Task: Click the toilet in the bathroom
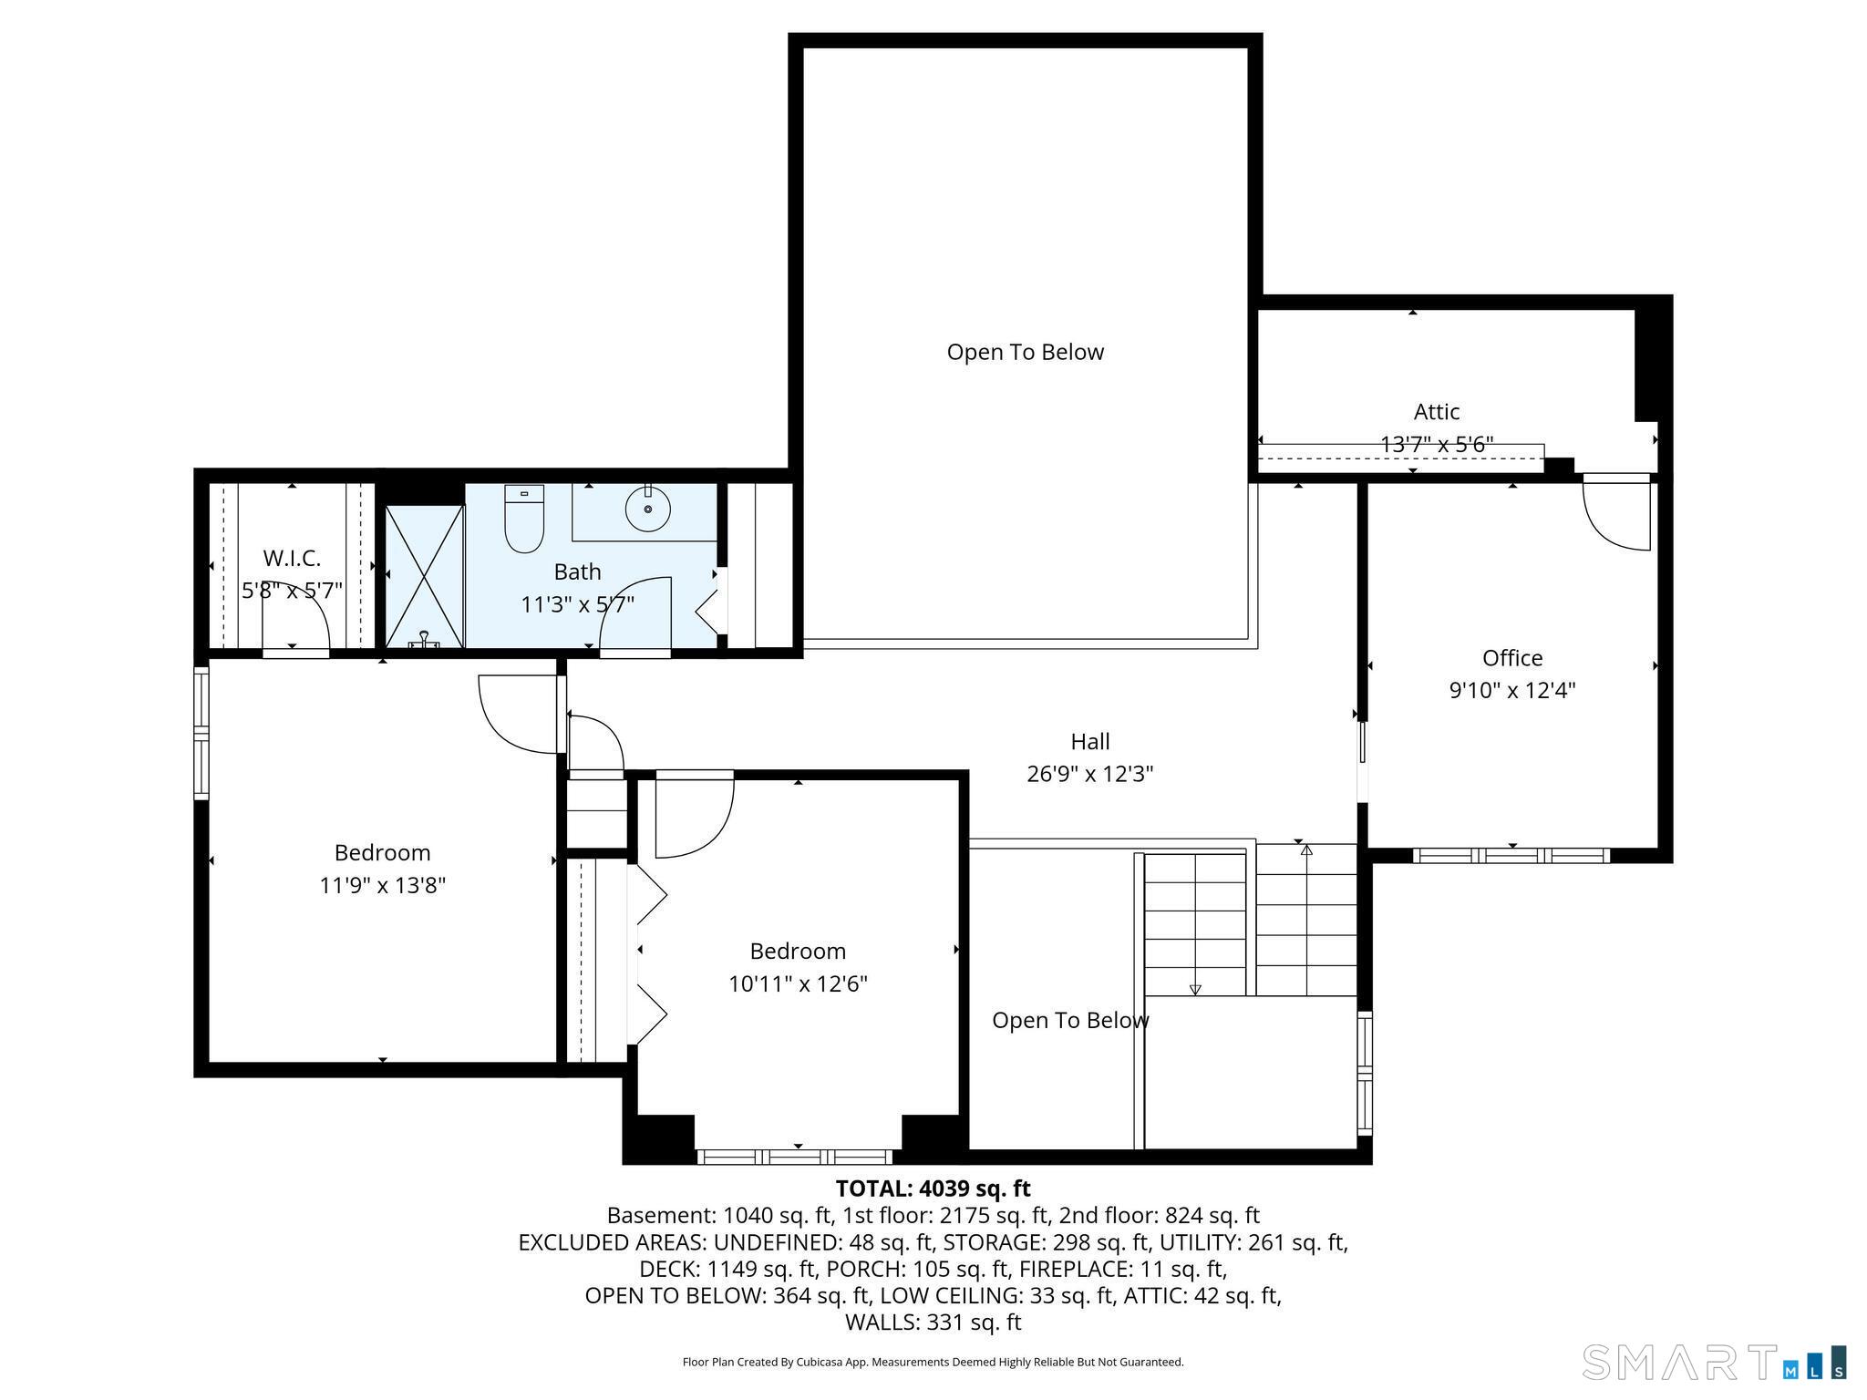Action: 524,520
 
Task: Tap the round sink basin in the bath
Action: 647,509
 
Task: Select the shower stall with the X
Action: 425,576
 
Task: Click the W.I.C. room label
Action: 292,558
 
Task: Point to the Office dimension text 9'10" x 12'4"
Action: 1512,690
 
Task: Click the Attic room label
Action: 1437,412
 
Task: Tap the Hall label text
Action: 1090,741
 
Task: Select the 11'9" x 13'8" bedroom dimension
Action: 382,885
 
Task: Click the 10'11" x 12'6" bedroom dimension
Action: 798,983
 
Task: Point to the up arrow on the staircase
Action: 1306,850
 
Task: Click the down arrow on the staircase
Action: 1195,990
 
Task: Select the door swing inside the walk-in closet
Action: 296,615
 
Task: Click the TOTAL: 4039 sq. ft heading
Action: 933,1189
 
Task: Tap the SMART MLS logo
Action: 1715,1362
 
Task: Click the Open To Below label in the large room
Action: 1025,352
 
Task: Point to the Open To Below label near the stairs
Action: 1069,1020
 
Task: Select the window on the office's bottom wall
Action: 1511,856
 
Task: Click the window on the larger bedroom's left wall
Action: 201,734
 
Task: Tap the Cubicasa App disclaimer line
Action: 933,1362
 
